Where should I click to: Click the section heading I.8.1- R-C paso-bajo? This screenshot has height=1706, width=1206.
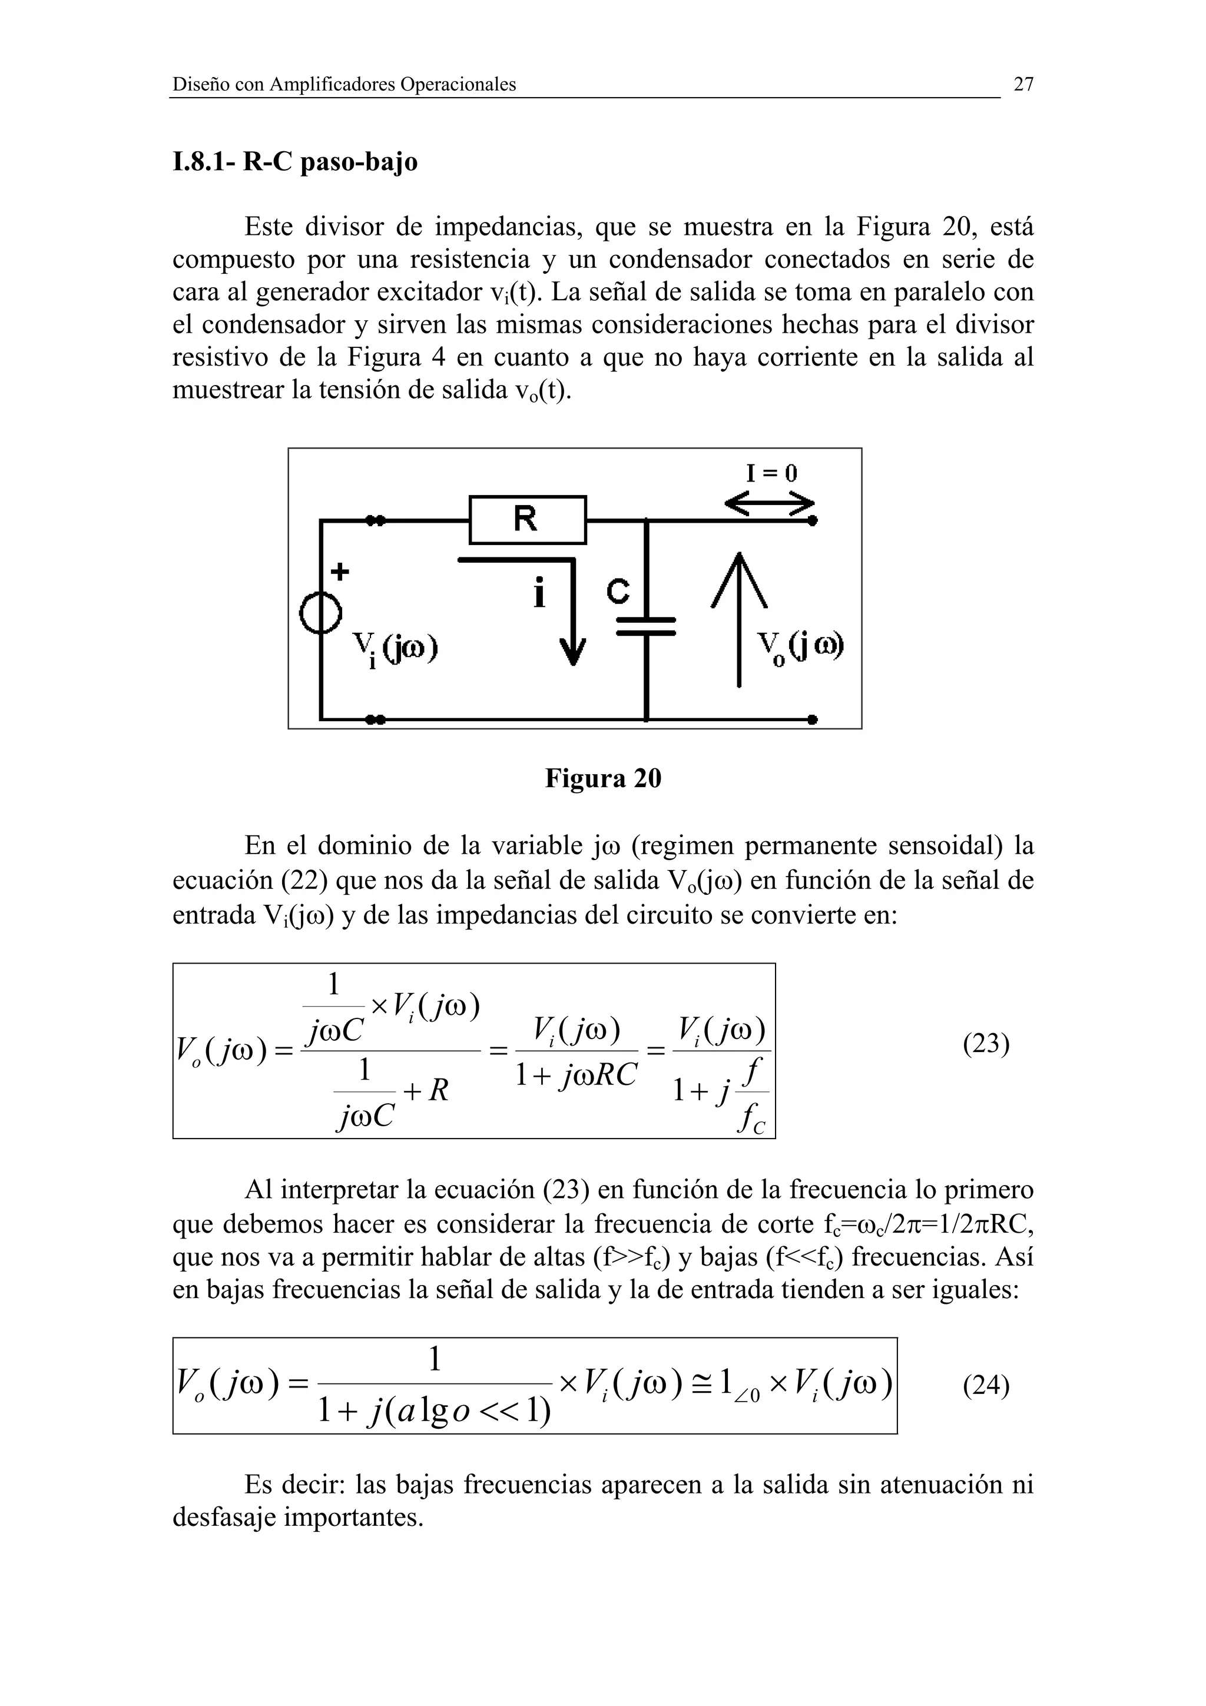pos(295,162)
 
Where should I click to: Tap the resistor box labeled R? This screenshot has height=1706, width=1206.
pos(528,519)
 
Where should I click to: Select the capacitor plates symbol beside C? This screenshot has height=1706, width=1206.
pos(646,626)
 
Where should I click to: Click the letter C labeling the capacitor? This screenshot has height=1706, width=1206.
pos(618,592)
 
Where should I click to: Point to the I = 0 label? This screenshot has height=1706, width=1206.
pos(771,473)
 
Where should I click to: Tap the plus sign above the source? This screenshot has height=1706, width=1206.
pos(340,572)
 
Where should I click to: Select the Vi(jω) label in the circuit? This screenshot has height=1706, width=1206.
pos(394,649)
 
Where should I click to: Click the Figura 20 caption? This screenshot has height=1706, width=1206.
pos(602,778)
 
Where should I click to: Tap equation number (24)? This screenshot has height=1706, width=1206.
pos(985,1386)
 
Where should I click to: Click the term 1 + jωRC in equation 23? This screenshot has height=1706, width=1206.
pos(577,1075)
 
